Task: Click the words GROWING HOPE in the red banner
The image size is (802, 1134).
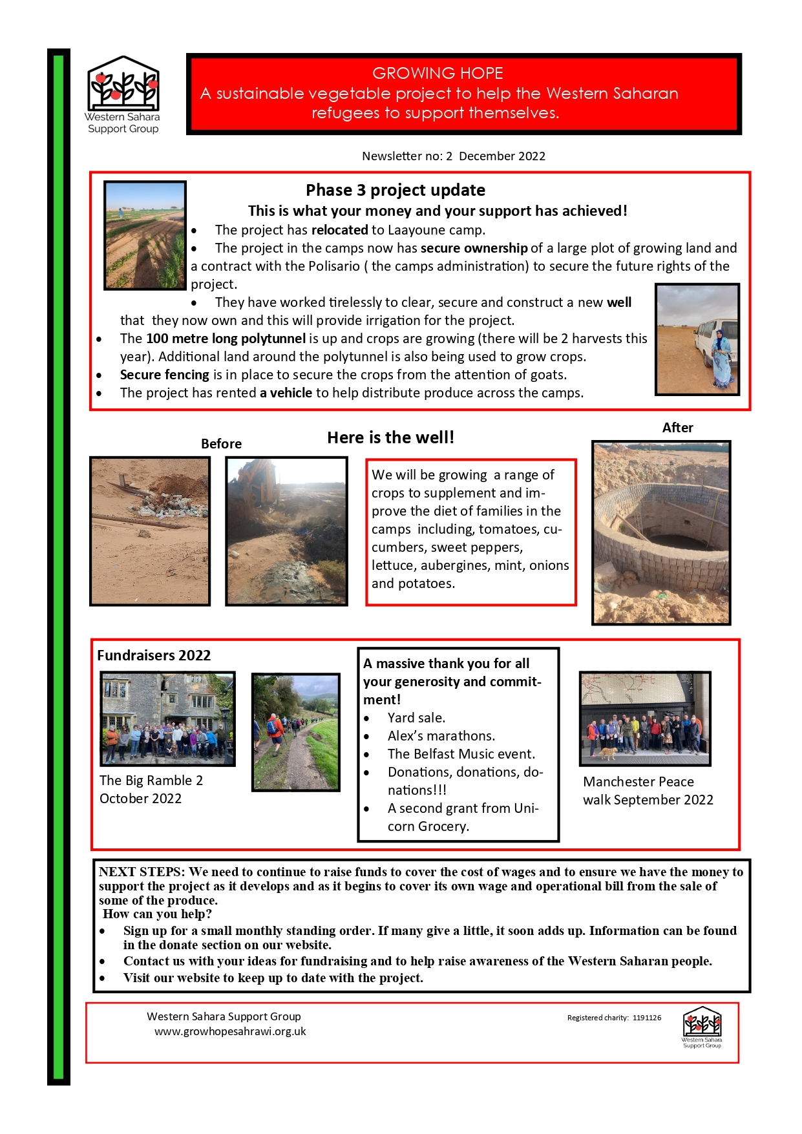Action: pos(438,73)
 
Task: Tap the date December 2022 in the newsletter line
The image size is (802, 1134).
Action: pos(502,156)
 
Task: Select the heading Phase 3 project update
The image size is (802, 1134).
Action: pos(395,190)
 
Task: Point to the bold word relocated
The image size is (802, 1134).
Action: pos(339,230)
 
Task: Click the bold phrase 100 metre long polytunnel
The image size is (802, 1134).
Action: pos(226,339)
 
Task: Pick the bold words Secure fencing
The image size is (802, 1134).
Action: pos(164,375)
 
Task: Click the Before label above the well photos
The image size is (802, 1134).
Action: pos(221,444)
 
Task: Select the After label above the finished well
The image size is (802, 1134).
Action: pos(677,428)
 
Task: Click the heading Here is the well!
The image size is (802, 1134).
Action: pos(390,437)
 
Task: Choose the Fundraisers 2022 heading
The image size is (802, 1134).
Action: pos(154,655)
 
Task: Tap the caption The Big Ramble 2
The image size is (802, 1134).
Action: pos(151,781)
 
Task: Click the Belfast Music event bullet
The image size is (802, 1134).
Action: pos(461,754)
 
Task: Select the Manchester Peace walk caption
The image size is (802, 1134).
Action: pos(648,791)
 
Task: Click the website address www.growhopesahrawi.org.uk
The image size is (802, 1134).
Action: pos(230,1032)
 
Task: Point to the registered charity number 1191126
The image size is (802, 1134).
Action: pos(646,1018)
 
